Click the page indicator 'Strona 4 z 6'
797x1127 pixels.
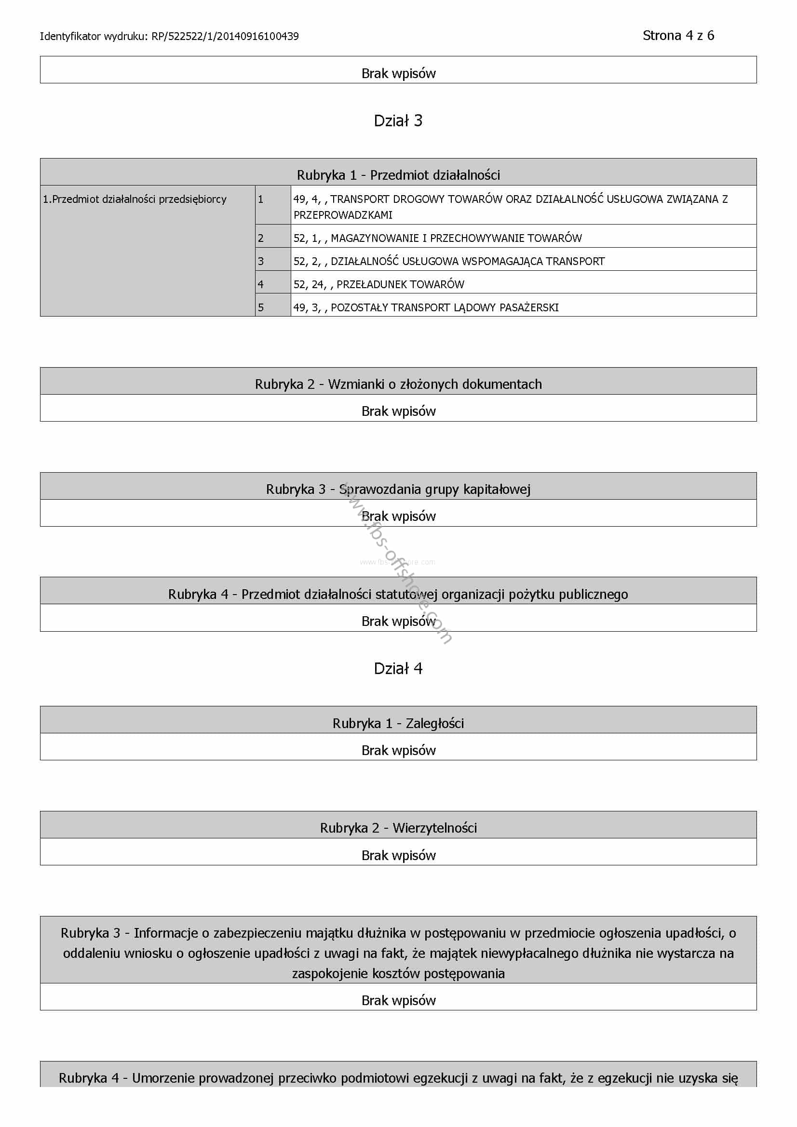tap(678, 36)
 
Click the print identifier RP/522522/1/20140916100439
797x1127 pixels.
tap(225, 36)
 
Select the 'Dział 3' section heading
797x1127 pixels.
tap(398, 121)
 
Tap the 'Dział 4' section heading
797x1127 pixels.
tap(398, 669)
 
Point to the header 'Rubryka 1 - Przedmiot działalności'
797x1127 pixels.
tap(398, 175)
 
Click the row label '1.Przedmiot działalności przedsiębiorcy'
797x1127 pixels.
tap(135, 199)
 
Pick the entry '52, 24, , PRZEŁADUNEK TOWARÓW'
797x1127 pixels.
tap(378, 285)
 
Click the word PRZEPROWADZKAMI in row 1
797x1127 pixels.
tap(343, 215)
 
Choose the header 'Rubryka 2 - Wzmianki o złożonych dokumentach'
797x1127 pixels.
tap(398, 384)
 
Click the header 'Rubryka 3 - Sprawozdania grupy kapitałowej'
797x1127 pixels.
tap(398, 490)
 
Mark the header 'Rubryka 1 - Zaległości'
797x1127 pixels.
tap(398, 724)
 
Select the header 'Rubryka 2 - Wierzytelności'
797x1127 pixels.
tap(398, 828)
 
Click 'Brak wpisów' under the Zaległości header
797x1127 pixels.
tap(398, 751)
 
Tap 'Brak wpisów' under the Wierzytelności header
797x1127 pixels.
tap(398, 856)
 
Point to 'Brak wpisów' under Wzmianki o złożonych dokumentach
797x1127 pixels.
tap(398, 411)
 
